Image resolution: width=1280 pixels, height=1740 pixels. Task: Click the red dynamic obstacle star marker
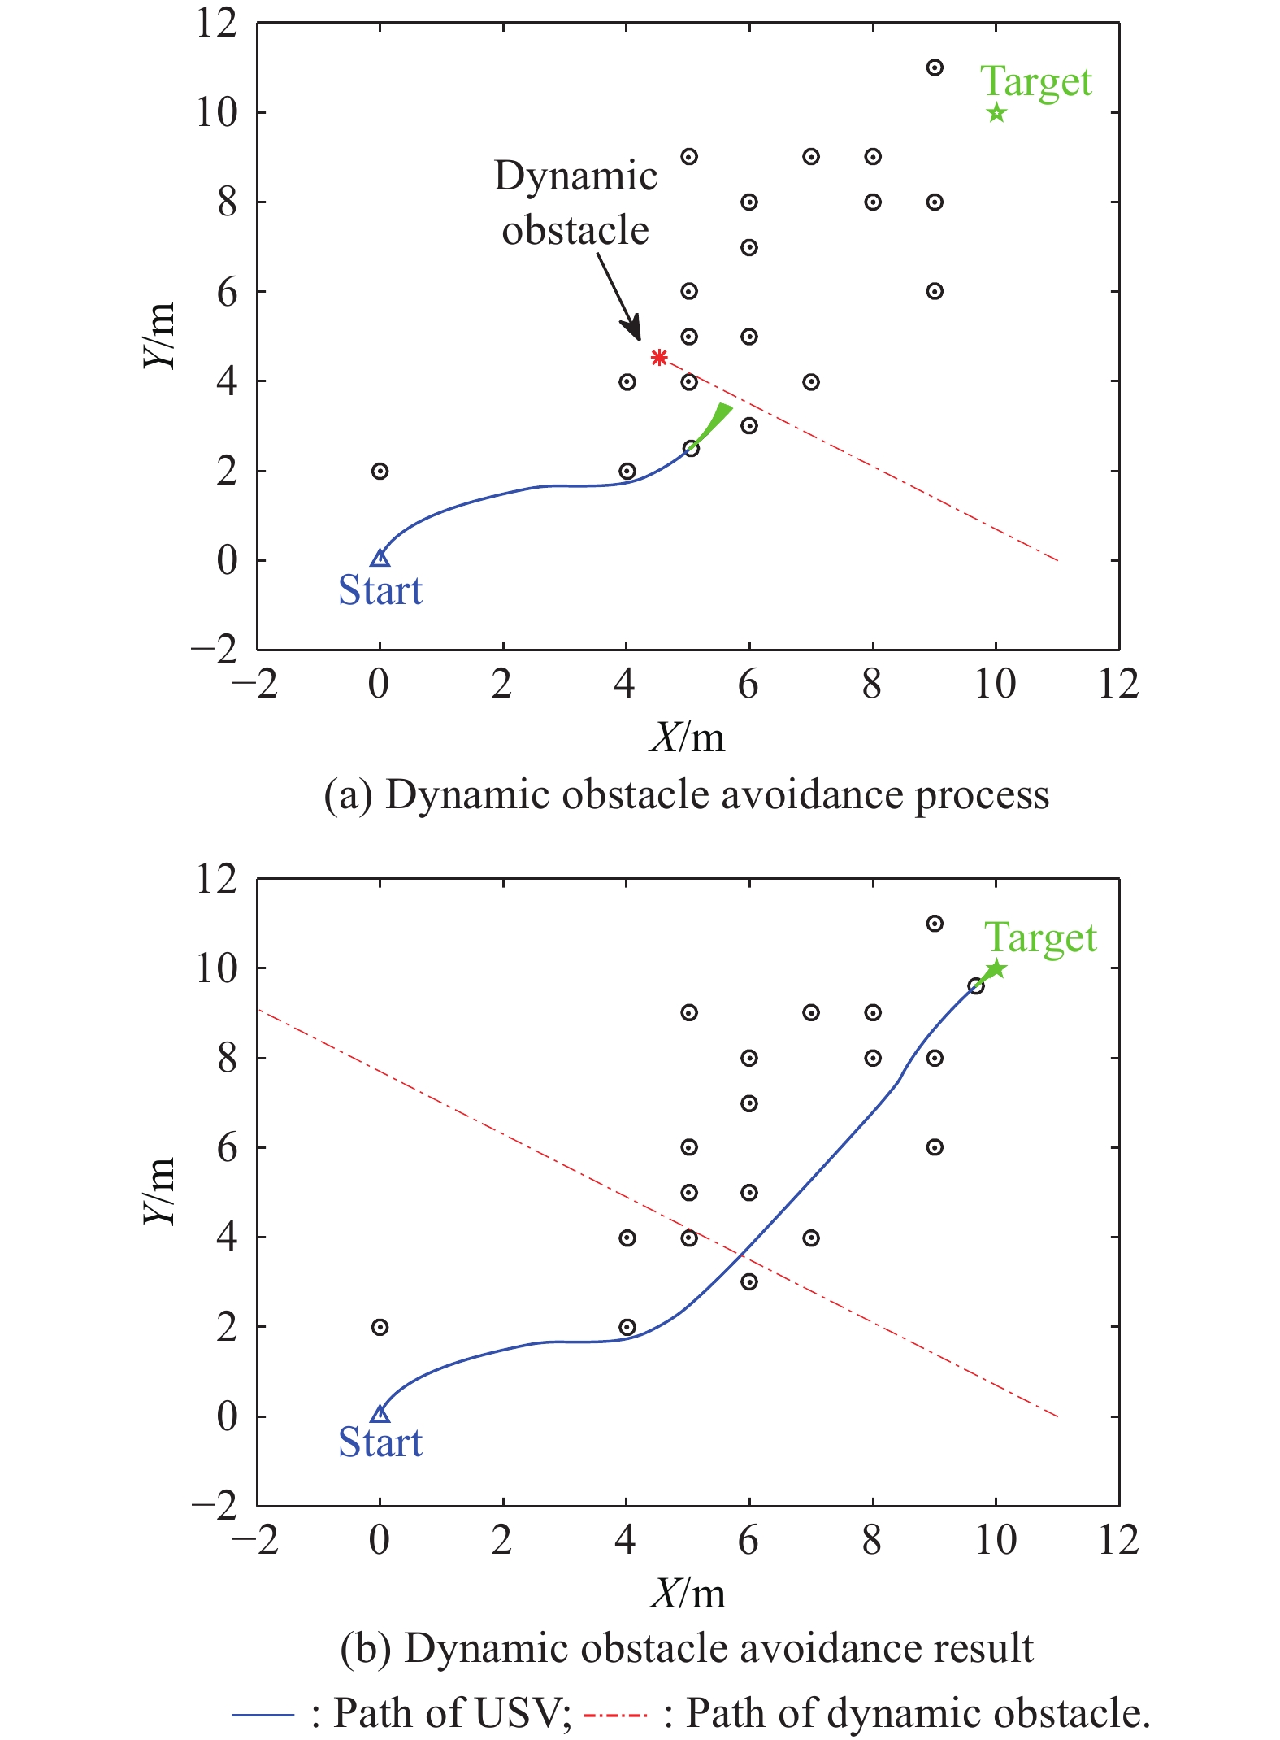[659, 357]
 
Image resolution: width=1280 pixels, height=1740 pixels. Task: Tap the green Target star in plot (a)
[996, 113]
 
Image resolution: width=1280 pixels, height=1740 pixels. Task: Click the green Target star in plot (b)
[996, 969]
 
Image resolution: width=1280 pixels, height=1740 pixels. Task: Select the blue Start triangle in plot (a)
[380, 558]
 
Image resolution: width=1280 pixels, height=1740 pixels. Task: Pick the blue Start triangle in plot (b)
[380, 1414]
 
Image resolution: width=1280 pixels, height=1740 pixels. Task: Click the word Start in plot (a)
[380, 590]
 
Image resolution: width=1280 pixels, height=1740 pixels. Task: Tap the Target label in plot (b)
[1040, 937]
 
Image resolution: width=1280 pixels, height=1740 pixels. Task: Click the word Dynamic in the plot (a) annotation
[575, 176]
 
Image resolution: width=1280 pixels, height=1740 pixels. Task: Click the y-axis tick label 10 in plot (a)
[217, 112]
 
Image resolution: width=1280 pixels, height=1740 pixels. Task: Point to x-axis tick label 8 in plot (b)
[872, 1539]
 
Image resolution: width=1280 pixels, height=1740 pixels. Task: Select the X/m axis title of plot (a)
[688, 737]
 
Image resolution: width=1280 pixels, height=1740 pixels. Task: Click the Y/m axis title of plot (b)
[159, 1191]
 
